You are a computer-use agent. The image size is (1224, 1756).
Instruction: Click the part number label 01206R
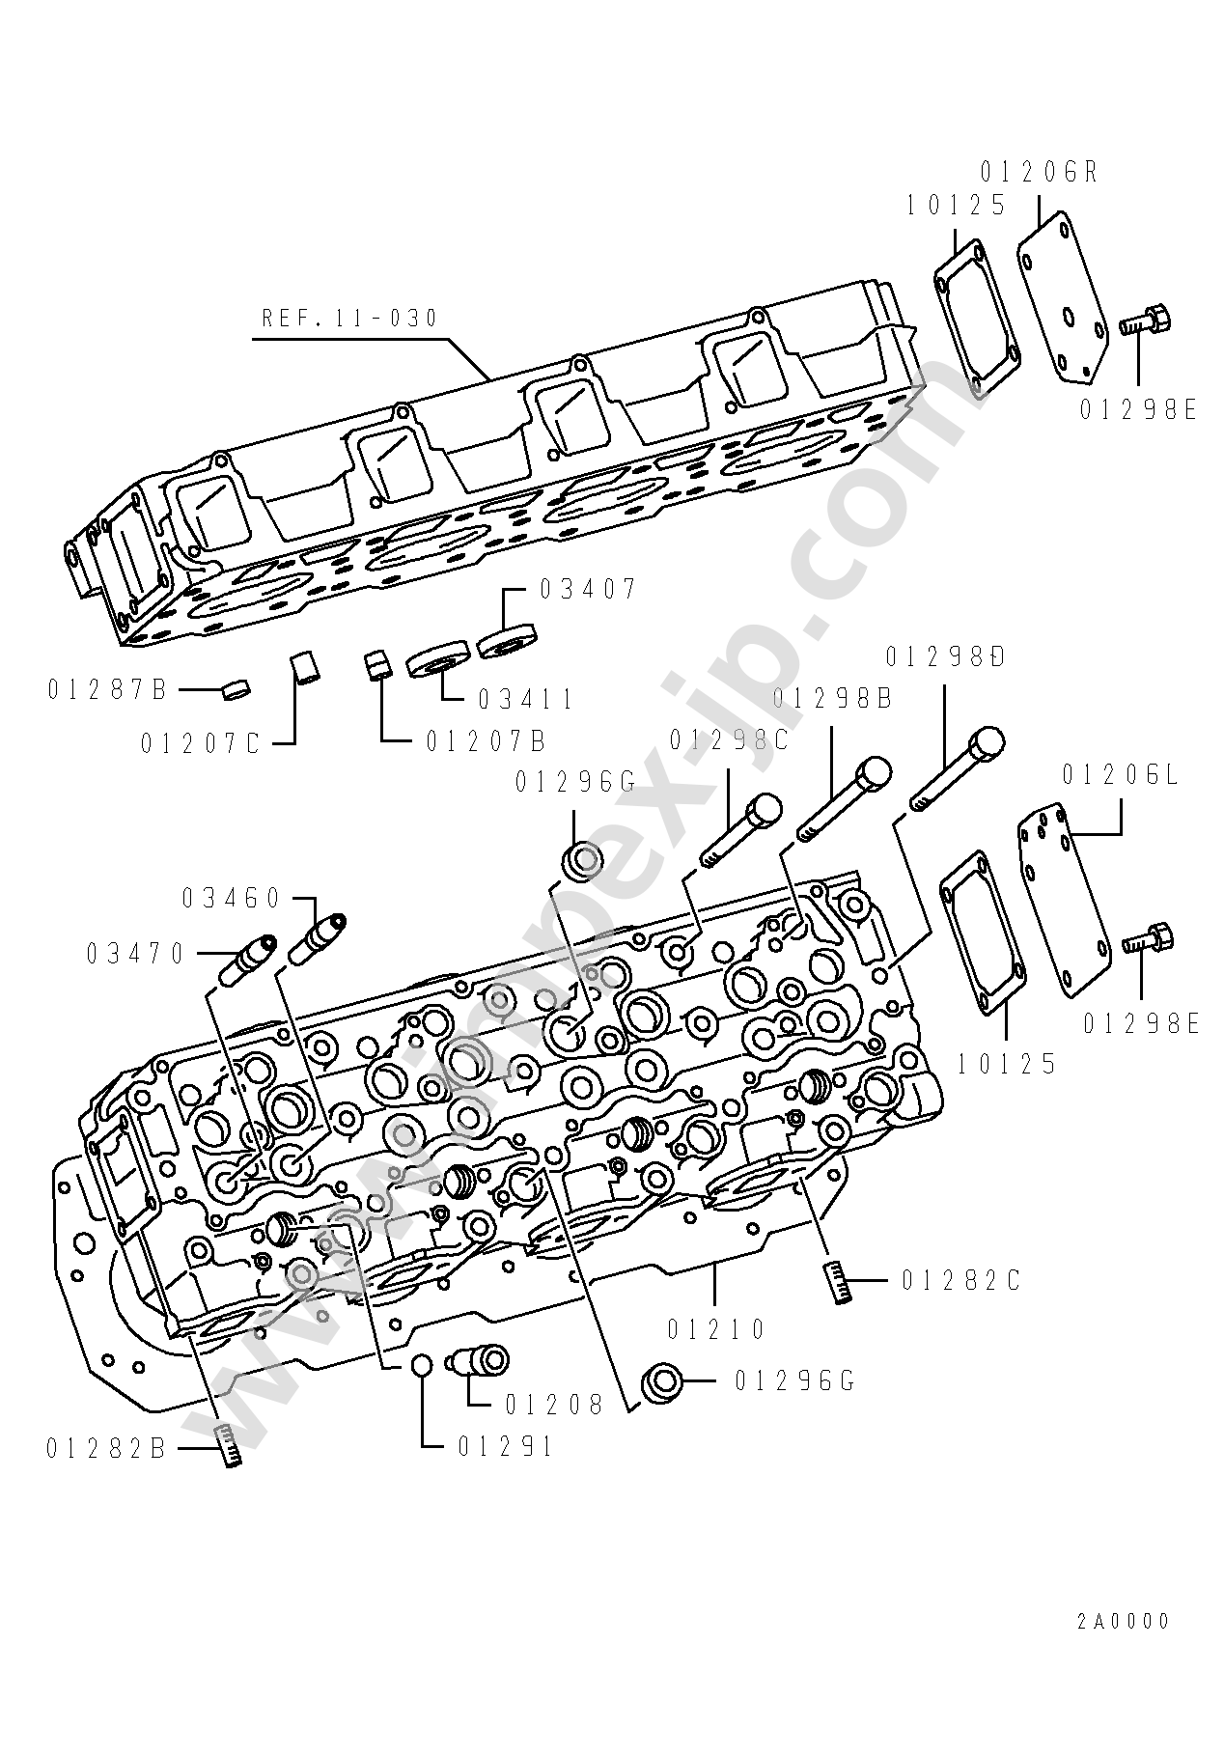coord(1039,173)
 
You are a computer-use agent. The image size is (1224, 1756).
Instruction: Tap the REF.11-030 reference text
coord(350,318)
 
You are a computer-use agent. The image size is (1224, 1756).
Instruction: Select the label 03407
coord(587,588)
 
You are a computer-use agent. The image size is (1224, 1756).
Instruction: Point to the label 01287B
coord(107,689)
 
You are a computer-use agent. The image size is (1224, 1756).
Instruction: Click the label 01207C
coord(201,743)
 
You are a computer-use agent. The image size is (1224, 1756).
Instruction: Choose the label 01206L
coord(1121,775)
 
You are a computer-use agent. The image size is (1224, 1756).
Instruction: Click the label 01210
coord(715,1329)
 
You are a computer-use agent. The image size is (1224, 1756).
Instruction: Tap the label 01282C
coord(961,1280)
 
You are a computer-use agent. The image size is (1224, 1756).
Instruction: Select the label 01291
coord(506,1446)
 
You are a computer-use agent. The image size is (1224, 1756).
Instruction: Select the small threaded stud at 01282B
coord(229,1445)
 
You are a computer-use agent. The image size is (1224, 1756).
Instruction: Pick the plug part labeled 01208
coord(479,1361)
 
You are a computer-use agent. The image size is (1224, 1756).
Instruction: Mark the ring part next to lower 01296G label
coord(664,1380)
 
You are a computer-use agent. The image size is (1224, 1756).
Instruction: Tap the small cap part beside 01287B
coord(236,689)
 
